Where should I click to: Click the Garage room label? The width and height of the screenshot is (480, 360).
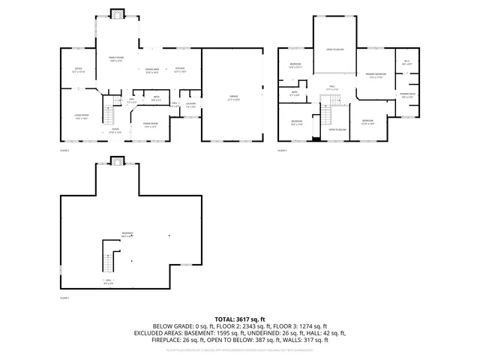[x=232, y=95]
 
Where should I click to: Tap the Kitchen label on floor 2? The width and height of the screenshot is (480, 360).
[x=179, y=70]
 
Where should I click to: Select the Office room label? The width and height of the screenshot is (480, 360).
[x=77, y=70]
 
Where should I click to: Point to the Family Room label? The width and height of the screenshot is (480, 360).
[x=116, y=58]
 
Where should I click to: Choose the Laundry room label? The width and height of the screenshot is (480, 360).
[x=190, y=105]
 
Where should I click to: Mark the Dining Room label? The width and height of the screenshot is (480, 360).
[x=150, y=124]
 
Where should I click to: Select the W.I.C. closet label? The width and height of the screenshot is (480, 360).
[x=406, y=63]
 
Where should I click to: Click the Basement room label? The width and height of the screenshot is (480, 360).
[x=127, y=234]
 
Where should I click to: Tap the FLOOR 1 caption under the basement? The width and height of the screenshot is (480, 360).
[x=64, y=298]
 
